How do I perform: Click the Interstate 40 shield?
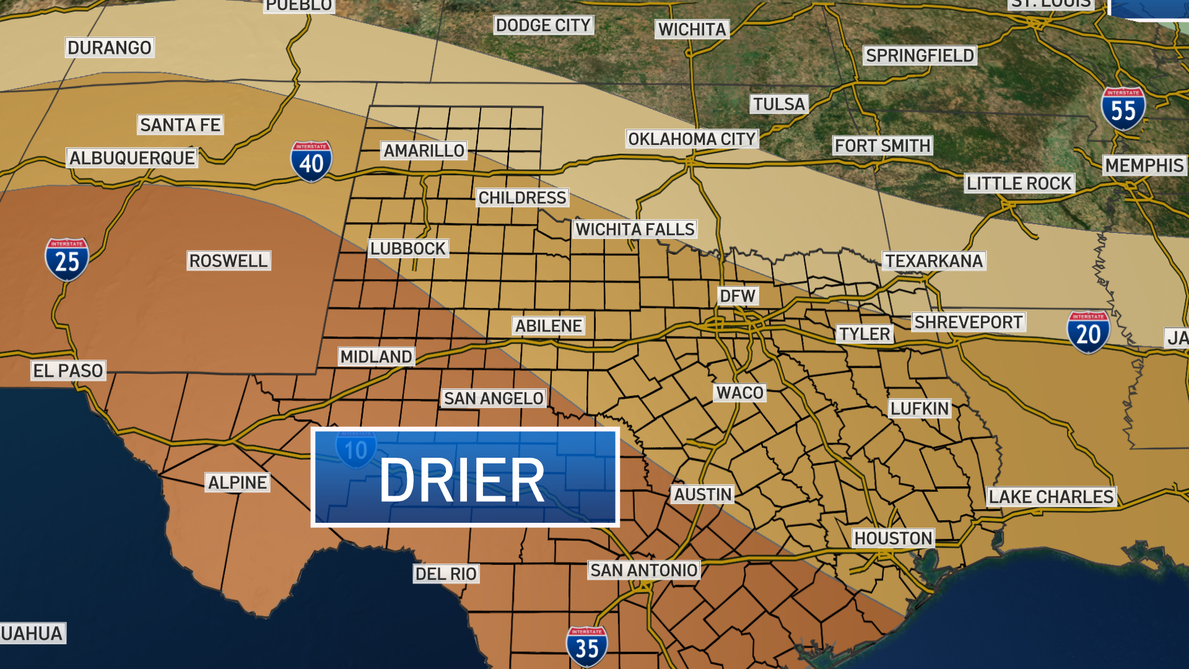(311, 162)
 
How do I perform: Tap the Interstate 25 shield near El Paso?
(67, 260)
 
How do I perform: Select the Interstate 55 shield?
(1123, 109)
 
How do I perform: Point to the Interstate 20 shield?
(1088, 333)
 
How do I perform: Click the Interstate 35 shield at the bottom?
(586, 647)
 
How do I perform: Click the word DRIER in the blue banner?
(462, 480)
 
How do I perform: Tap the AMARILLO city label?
(424, 151)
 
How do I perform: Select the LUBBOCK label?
(408, 248)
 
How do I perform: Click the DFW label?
(738, 296)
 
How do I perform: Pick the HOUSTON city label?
(893, 538)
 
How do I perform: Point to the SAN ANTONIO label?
(644, 570)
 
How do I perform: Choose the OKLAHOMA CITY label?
(692, 139)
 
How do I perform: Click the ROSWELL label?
(229, 261)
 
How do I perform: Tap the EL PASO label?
(68, 371)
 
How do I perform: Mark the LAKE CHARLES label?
(1051, 497)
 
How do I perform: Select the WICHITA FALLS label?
(635, 229)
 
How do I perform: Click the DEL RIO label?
(446, 574)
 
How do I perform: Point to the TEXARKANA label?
(933, 261)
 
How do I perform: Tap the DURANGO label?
(110, 48)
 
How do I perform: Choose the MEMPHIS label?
(1144, 165)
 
